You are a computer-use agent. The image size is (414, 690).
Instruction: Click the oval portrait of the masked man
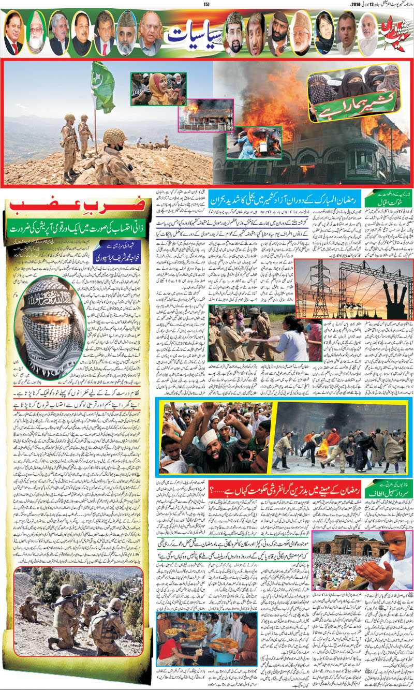[x=50, y=320]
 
